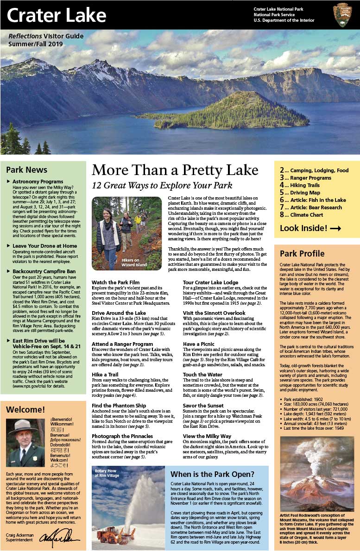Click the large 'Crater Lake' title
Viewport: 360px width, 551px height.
56,15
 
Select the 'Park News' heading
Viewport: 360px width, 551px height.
26,170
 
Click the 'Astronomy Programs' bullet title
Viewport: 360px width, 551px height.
38,182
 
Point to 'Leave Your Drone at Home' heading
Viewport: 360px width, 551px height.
45,246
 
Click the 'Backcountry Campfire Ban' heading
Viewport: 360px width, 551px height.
44,271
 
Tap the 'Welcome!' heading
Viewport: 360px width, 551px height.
25,409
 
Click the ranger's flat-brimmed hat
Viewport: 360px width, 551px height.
23,426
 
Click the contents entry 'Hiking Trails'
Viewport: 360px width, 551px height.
305,185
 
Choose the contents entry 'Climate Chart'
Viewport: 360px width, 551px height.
308,215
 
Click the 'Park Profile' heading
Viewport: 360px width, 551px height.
302,254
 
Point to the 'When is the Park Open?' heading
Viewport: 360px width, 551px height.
212,474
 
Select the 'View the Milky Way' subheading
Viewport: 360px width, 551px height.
207,437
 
